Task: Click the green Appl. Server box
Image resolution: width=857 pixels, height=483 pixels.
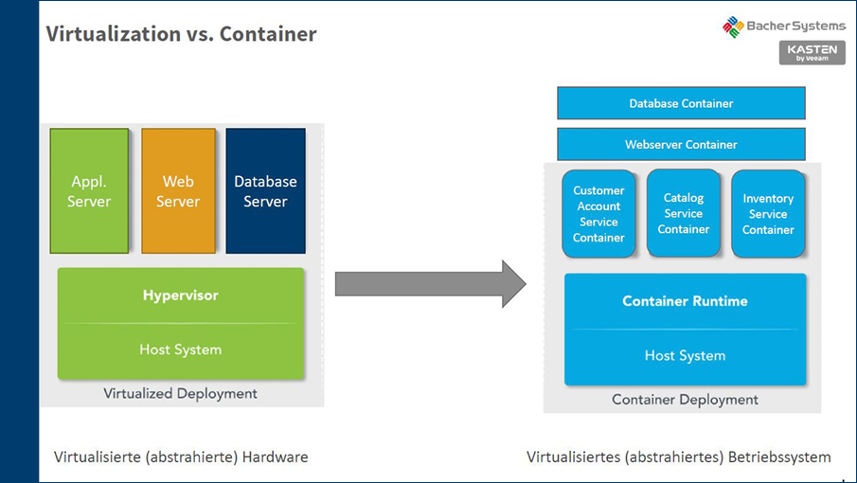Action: coord(89,191)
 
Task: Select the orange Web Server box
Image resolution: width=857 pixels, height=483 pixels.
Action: coord(178,191)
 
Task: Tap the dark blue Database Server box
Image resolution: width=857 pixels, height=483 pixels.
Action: coord(265,191)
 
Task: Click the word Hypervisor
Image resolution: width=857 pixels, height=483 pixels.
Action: coord(180,295)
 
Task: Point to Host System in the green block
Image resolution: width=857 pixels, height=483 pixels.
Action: coord(180,349)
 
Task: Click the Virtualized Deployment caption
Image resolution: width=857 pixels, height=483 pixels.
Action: coord(180,393)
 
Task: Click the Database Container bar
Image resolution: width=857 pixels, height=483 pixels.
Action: coord(681,103)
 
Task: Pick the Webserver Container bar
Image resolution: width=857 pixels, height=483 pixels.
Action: coord(681,145)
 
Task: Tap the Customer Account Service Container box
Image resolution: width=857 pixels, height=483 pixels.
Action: coord(598,214)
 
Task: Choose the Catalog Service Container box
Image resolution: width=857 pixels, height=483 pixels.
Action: coord(684,214)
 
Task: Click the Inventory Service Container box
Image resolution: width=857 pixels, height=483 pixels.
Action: coord(768,214)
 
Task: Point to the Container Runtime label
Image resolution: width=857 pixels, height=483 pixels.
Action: coord(685,301)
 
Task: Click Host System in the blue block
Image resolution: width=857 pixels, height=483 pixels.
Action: coord(685,356)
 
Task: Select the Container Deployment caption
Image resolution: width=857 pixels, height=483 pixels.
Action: coord(685,400)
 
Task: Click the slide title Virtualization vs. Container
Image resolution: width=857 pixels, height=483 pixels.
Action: coord(181,35)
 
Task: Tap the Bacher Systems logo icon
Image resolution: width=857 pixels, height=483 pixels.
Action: coord(733,27)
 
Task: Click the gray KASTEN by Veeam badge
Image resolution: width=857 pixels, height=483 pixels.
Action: coord(812,53)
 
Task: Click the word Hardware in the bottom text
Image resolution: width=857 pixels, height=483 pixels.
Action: coord(275,457)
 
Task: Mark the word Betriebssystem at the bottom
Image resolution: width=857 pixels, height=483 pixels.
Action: coord(780,457)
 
